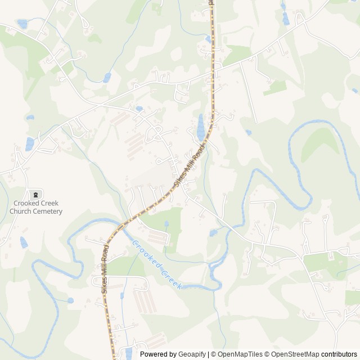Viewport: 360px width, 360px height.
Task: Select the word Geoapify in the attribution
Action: tap(192, 354)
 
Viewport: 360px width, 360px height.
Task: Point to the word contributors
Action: tap(339, 354)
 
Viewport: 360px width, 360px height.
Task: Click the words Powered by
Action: tap(158, 354)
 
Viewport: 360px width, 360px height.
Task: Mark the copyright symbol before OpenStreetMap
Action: tap(268, 354)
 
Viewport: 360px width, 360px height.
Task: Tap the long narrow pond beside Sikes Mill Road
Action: tap(200, 128)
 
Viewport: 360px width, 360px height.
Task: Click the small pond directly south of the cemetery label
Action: tap(24, 242)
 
